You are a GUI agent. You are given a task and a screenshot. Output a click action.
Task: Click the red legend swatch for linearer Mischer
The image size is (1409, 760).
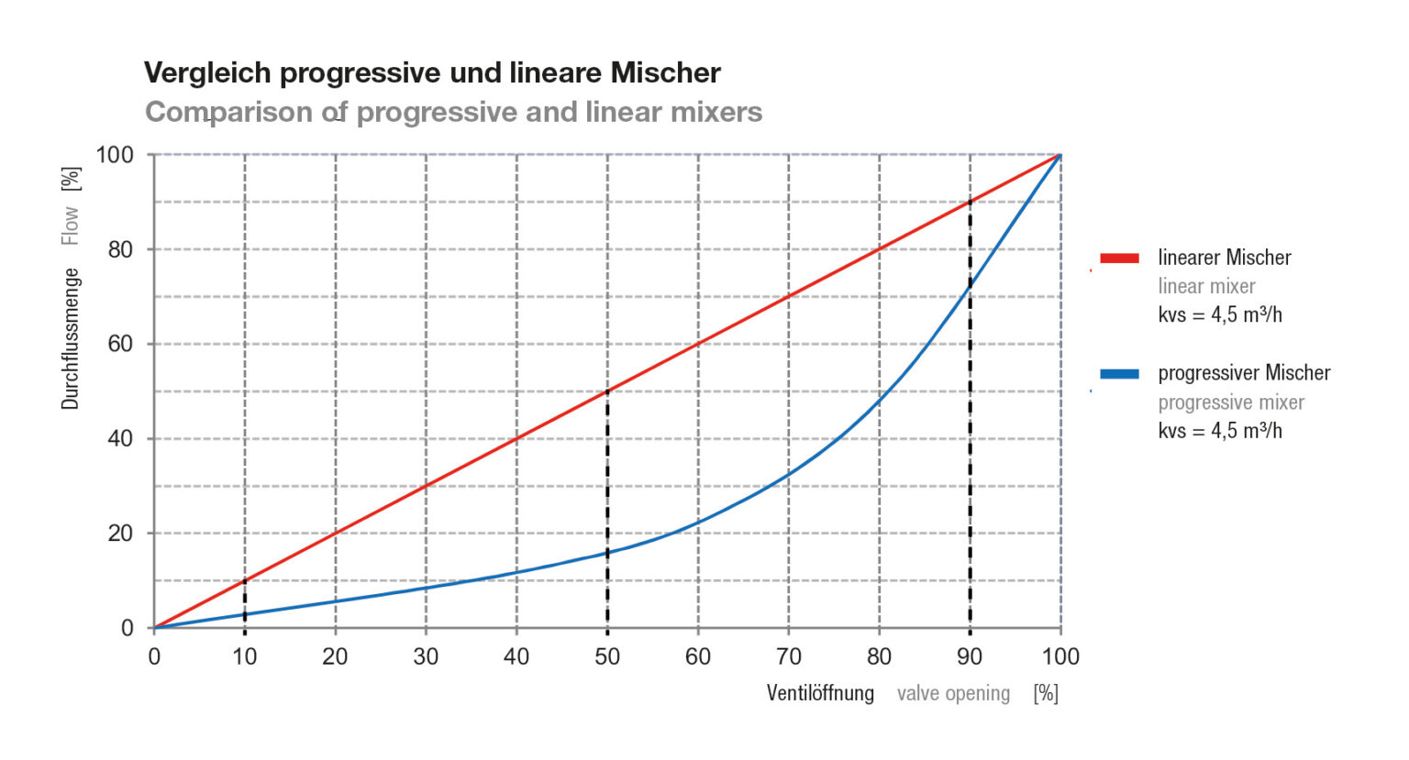[1119, 259]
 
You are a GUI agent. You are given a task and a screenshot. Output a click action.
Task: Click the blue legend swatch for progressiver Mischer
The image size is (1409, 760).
[1119, 374]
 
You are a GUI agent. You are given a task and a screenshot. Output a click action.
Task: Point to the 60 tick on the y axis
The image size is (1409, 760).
[120, 344]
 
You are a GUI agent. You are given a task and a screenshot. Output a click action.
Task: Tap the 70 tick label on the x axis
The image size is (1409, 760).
[788, 656]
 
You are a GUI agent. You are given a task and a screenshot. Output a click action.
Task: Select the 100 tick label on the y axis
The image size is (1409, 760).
[115, 155]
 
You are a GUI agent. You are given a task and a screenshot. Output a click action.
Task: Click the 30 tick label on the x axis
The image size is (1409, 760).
[426, 656]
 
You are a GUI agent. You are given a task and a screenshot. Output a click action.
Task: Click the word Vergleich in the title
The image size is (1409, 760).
[207, 72]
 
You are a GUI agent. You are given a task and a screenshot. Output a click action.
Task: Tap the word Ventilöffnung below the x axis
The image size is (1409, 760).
[820, 693]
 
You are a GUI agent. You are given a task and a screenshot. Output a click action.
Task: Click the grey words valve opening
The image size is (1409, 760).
[953, 694]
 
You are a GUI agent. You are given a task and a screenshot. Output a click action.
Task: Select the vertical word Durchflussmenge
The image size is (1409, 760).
[71, 338]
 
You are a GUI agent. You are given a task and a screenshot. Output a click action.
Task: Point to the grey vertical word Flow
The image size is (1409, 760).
[71, 226]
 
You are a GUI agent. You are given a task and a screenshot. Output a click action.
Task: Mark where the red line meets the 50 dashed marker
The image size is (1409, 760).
[607, 391]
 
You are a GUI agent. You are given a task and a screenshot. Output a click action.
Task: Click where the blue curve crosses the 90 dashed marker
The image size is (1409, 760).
[970, 287]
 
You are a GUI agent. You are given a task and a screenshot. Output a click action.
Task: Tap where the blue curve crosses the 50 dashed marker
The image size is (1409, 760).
[607, 552]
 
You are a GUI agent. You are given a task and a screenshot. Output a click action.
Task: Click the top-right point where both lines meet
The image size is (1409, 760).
[1060, 155]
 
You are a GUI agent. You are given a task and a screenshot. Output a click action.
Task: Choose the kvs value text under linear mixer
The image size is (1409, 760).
[1220, 315]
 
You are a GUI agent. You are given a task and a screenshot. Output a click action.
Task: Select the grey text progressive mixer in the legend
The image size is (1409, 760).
[1230, 402]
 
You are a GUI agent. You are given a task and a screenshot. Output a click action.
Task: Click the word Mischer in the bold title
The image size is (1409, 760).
[666, 72]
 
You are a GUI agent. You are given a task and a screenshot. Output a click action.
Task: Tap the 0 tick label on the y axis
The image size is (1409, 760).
[128, 628]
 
